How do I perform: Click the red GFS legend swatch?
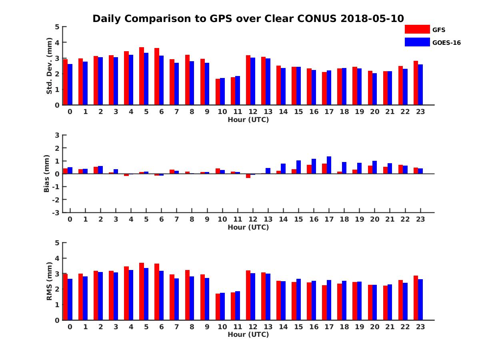(417, 29)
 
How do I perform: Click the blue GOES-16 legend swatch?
(417, 42)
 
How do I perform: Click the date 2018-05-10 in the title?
(372, 19)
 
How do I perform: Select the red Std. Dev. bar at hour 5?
(142, 76)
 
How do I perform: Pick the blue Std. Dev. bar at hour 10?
(222, 91)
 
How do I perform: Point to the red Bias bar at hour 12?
(248, 176)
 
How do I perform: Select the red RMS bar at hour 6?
(157, 292)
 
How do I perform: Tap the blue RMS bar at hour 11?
(238, 306)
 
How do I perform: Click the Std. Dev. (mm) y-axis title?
(50, 66)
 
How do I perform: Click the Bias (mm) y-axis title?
(47, 174)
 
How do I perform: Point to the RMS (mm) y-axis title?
(50, 281)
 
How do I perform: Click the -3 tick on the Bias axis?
(56, 212)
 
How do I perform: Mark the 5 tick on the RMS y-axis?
(57, 243)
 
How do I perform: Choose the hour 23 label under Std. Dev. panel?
(420, 112)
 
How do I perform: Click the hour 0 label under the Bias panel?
(70, 219)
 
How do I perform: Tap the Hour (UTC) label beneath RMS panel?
(248, 334)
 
